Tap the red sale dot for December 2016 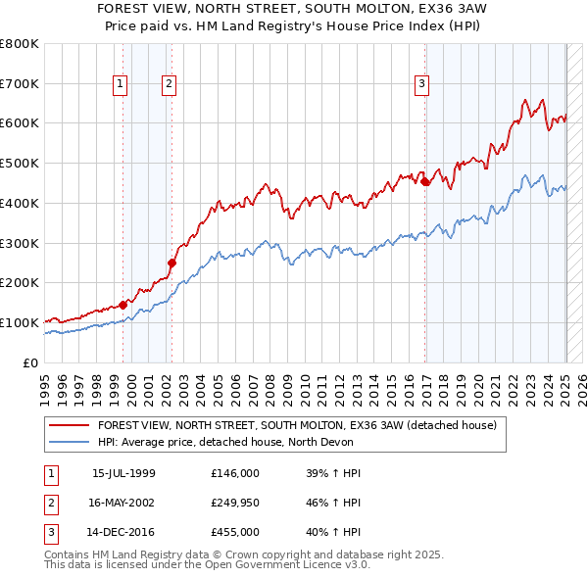pyautogui.click(x=425, y=181)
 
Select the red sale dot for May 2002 pyautogui.click(x=171, y=263)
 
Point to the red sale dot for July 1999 pyautogui.click(x=123, y=304)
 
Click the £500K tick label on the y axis pyautogui.click(x=20, y=164)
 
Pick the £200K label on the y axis pyautogui.click(x=20, y=283)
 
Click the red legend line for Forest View pyautogui.click(x=70, y=425)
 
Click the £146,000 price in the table pyautogui.click(x=234, y=473)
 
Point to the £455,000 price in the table pyautogui.click(x=234, y=532)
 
